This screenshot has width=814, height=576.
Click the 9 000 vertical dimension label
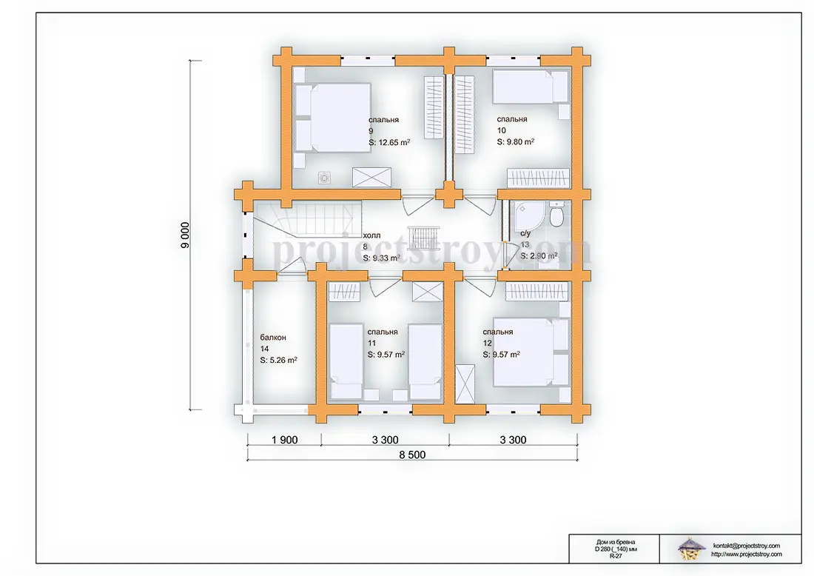coord(185,235)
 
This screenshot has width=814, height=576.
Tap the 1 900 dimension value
coord(284,440)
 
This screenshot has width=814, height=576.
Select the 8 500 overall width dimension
coord(412,455)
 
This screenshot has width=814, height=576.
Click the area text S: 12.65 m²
coord(389,142)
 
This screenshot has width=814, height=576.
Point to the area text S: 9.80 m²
coord(516,142)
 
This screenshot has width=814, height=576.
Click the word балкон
coord(273,338)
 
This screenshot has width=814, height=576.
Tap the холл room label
coord(371,235)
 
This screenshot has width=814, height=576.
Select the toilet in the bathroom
coord(556,215)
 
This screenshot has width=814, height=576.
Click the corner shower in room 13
coord(528,215)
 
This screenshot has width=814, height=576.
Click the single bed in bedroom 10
coord(530,87)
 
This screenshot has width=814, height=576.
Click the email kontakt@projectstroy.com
coord(746,546)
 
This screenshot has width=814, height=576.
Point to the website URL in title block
coord(746,555)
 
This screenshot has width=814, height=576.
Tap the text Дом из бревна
coord(616,542)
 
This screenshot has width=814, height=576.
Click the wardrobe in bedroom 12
coord(536,292)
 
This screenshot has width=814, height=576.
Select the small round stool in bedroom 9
coord(324,178)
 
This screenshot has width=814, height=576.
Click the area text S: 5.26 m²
coord(278,360)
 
